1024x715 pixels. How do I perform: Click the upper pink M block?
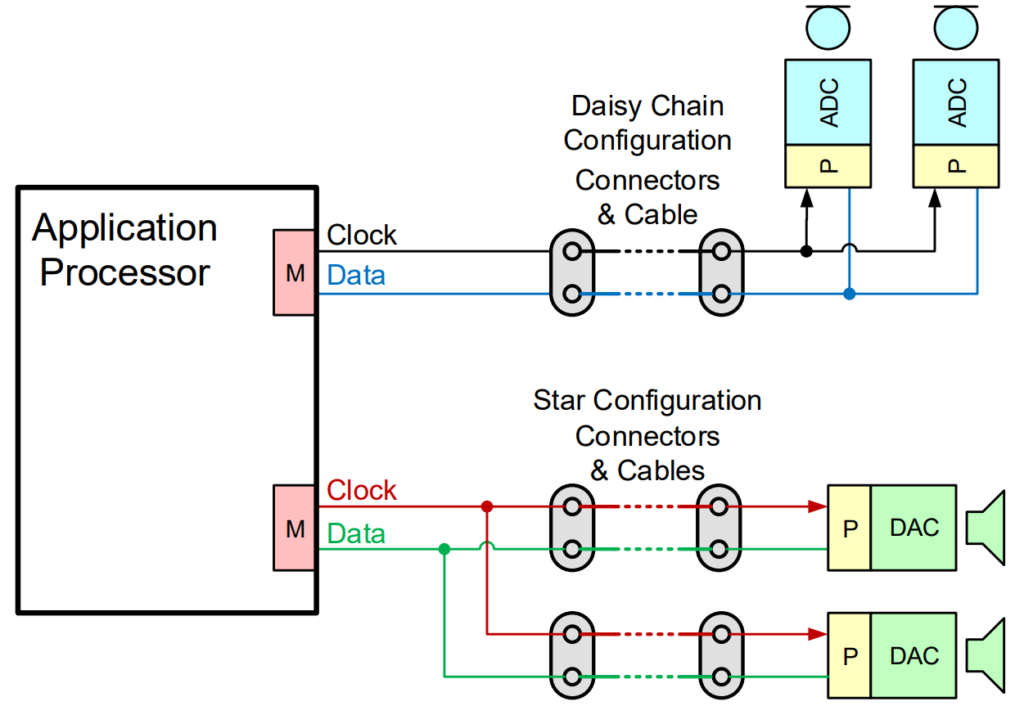click(295, 273)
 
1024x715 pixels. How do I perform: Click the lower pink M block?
click(295, 528)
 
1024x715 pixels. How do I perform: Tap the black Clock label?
click(362, 236)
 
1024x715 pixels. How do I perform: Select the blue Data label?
click(356, 275)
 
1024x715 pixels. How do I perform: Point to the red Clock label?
click(362, 491)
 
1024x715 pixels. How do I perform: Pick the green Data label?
click(356, 535)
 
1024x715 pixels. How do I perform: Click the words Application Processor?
click(124, 250)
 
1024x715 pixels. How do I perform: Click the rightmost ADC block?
click(956, 103)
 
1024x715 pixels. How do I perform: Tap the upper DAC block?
click(914, 528)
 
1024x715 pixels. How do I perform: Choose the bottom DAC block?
click(914, 656)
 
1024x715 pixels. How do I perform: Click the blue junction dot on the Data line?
click(849, 294)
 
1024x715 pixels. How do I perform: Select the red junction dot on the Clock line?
click(487, 506)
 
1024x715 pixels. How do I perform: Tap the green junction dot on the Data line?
click(444, 548)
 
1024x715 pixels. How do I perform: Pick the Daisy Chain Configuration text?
click(647, 123)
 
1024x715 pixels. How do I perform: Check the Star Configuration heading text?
click(647, 401)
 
